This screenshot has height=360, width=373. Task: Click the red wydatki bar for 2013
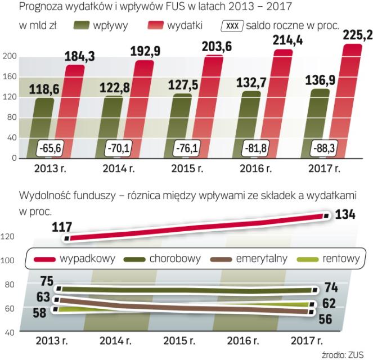pos(75,112)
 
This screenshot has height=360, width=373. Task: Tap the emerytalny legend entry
pos(251,259)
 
